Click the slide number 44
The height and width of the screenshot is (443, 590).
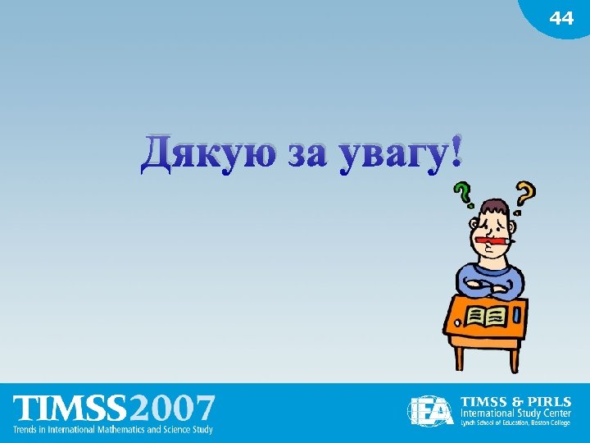click(561, 18)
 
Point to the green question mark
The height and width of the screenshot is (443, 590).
click(464, 194)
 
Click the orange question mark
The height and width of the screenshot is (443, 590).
click(525, 194)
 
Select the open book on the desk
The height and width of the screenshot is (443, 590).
click(484, 315)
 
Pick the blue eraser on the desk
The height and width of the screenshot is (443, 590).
click(518, 314)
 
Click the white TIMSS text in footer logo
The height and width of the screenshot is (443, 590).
click(70, 408)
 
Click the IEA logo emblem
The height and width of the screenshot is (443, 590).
click(431, 410)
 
